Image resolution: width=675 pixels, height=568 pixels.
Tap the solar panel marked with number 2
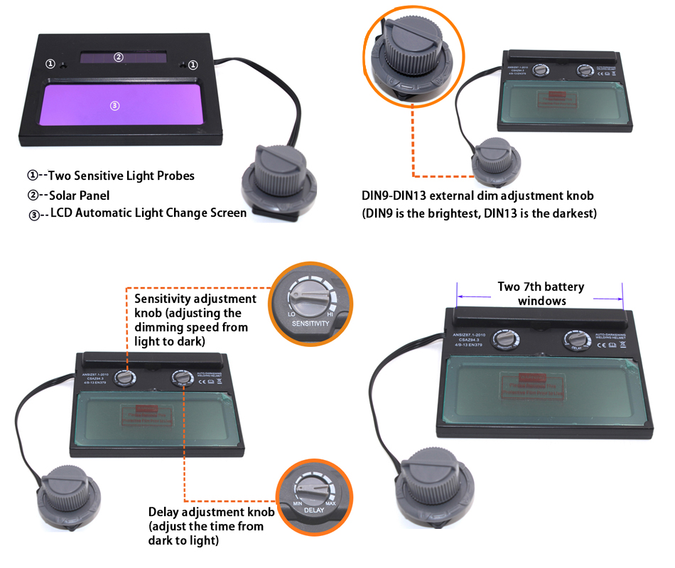119,58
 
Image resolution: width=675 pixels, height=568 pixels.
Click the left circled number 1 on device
50,64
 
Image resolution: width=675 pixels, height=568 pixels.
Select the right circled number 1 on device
193,64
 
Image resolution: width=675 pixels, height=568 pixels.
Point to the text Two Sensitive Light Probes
120,176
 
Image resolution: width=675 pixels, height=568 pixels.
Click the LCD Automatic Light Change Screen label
148,213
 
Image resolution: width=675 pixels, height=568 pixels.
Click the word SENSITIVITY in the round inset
310,323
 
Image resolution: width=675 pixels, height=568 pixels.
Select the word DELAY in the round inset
313,510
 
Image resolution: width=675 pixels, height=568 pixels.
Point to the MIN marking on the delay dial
298,503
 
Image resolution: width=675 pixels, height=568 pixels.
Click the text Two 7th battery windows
541,293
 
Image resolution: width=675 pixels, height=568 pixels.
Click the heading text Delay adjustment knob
211,512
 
